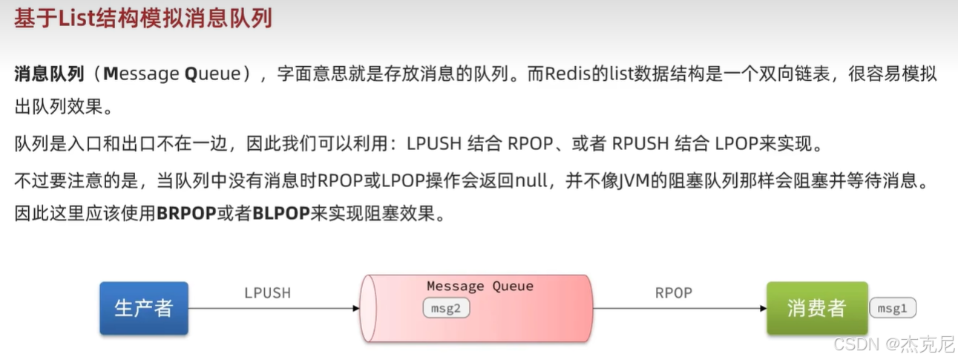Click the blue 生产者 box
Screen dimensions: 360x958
click(144, 308)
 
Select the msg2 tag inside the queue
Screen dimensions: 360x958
click(447, 308)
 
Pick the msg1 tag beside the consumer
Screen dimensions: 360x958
click(893, 308)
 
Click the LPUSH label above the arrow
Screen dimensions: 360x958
click(267, 292)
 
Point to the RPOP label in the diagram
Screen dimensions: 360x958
click(673, 292)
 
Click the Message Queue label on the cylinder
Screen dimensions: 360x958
click(480, 286)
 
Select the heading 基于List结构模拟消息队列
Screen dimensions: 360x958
click(143, 18)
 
